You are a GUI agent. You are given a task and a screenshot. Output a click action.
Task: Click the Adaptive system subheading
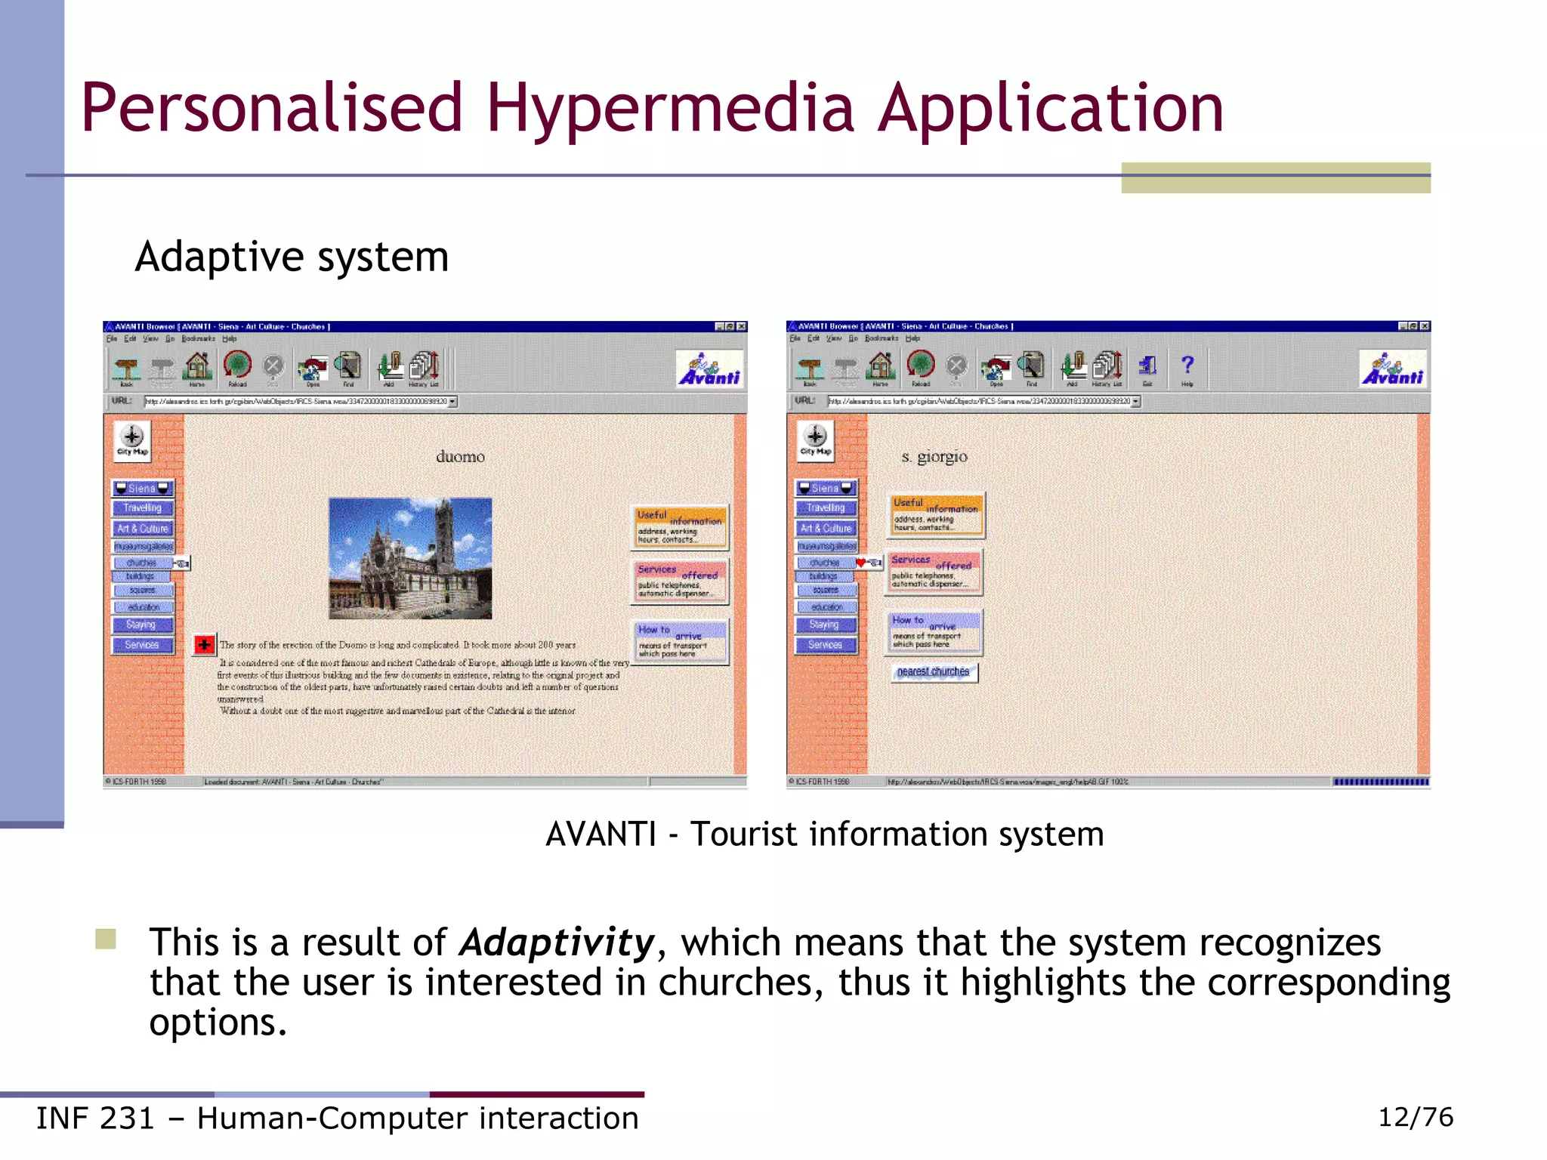click(292, 258)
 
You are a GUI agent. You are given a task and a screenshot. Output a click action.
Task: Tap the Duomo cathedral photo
click(410, 558)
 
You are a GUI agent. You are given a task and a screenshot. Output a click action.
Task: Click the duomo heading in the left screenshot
click(460, 456)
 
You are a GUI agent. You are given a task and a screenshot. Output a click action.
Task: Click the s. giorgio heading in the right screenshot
click(934, 456)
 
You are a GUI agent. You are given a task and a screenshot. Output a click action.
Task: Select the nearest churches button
click(933, 671)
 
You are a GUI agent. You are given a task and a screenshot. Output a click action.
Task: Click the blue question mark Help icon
click(1187, 366)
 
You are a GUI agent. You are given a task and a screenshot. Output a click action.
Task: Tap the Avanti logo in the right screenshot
click(1392, 369)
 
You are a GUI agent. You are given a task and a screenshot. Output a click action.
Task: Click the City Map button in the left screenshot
click(132, 440)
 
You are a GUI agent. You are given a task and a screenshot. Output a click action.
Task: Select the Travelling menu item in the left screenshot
click(142, 508)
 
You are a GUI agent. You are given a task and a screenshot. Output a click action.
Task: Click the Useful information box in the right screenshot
click(935, 514)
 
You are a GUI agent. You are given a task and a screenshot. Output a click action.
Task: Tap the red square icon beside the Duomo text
click(204, 644)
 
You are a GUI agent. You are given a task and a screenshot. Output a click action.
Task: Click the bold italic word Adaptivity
click(557, 942)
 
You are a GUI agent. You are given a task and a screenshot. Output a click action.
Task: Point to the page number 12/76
click(1415, 1117)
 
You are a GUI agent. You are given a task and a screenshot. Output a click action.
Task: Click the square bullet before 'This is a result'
click(106, 939)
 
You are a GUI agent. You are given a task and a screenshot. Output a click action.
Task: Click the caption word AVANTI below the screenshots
click(601, 835)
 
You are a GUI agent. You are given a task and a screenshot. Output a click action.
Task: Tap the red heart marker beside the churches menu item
click(860, 563)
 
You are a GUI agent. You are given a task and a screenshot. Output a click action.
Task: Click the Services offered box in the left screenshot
click(680, 581)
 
